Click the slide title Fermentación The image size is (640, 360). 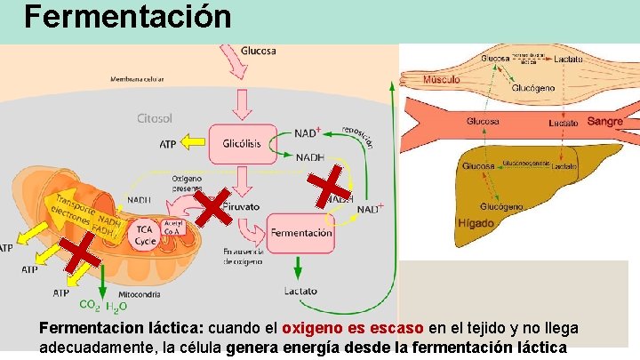pyautogui.click(x=127, y=16)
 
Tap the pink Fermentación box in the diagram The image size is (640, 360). pyautogui.click(x=300, y=232)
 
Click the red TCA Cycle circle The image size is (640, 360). pyautogui.click(x=145, y=235)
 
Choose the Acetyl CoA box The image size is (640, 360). pyautogui.click(x=173, y=228)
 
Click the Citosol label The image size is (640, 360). pyautogui.click(x=155, y=117)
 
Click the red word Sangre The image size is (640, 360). pyautogui.click(x=604, y=120)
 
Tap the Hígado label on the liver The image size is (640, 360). pyautogui.click(x=476, y=223)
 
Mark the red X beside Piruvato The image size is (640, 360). pyautogui.click(x=213, y=210)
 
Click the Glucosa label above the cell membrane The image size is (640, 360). pyautogui.click(x=258, y=51)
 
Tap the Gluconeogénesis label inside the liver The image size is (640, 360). pyautogui.click(x=525, y=164)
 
